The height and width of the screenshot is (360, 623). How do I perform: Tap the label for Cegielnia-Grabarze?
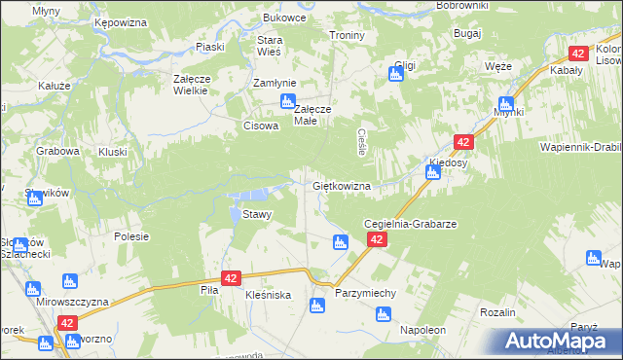[410, 223]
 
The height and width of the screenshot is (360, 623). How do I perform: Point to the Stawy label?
[257, 214]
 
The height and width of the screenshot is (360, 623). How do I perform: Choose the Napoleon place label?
[422, 331]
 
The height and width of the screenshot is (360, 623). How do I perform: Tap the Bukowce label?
[284, 18]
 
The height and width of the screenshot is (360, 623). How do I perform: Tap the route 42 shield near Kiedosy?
[462, 142]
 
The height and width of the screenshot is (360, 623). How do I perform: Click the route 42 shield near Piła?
[231, 278]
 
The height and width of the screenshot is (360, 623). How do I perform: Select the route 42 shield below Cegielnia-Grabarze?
[377, 239]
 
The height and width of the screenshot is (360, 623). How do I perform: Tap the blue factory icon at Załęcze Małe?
[287, 102]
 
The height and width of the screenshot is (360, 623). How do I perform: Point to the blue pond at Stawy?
[240, 208]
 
